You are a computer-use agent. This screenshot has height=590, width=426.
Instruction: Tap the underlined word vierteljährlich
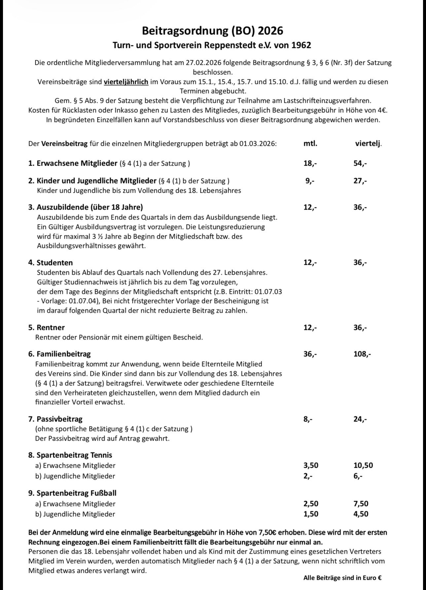click(126, 82)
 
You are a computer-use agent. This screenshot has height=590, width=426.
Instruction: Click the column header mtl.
click(310, 143)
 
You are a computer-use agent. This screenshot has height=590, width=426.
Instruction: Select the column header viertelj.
click(368, 143)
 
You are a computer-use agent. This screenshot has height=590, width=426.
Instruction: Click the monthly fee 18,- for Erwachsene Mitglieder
click(310, 163)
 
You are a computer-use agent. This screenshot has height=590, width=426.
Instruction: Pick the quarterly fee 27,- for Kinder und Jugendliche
click(360, 180)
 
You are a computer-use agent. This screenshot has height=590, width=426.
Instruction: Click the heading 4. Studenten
click(51, 262)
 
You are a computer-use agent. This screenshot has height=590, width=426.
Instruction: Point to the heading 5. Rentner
click(47, 327)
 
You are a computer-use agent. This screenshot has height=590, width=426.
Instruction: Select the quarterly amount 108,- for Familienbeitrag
click(362, 354)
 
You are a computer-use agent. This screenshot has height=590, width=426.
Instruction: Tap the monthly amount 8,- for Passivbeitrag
click(308, 419)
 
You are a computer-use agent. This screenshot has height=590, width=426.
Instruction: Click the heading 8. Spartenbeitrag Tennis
click(70, 455)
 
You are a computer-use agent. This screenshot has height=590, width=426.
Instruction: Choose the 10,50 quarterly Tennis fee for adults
click(363, 465)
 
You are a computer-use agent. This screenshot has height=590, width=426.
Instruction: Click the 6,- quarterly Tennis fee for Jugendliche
click(358, 476)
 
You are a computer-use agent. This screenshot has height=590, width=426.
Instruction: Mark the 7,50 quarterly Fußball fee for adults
click(361, 504)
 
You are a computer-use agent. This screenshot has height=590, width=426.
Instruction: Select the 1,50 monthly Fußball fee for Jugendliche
click(311, 514)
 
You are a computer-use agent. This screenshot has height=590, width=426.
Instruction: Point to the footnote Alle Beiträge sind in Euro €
click(342, 578)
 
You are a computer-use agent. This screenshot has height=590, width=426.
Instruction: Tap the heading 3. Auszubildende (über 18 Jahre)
click(86, 207)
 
